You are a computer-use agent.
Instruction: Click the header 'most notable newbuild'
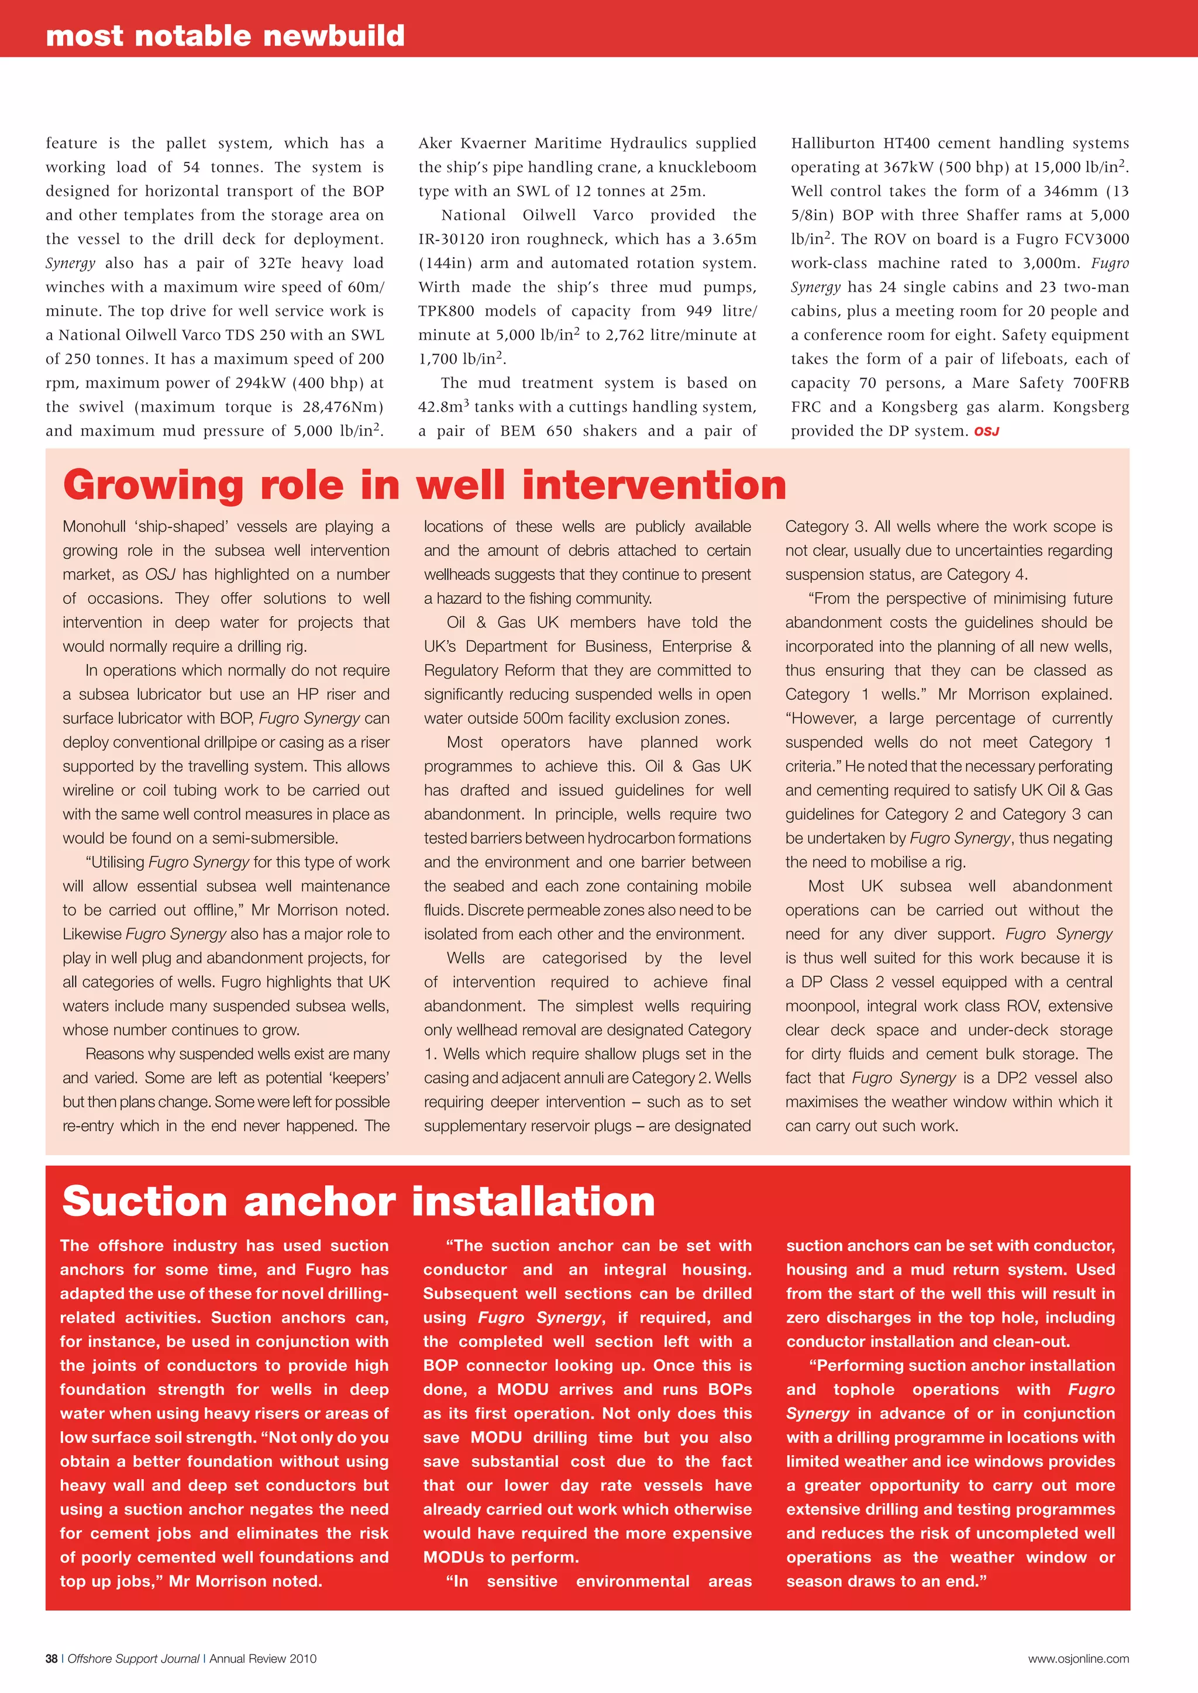[x=225, y=36]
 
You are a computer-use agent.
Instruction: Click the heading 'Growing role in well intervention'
[x=424, y=485]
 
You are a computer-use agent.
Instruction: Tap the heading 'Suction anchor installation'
[x=359, y=1201]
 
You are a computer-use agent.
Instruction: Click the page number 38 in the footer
[x=51, y=1659]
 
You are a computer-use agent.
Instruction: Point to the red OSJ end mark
[x=986, y=431]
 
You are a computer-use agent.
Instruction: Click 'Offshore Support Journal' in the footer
[x=133, y=1659]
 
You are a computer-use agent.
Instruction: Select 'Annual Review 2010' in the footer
[x=263, y=1659]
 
